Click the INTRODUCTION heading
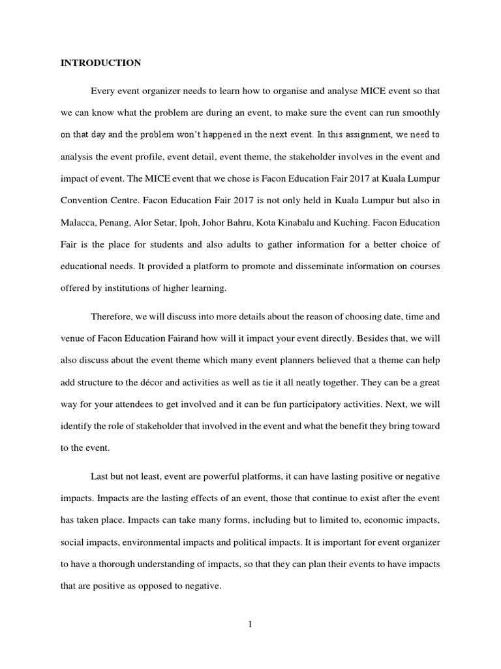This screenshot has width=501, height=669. click(100, 63)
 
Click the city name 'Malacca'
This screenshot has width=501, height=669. click(79, 223)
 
